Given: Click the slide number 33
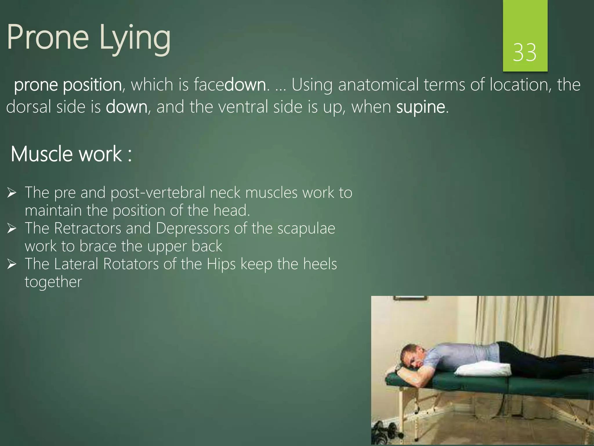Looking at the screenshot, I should coord(524,53).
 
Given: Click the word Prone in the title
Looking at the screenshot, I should coord(48,37).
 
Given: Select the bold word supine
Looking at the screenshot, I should coord(421,107).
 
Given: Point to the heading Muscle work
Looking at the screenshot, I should coord(71,154).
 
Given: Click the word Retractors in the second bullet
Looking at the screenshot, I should coord(88,228).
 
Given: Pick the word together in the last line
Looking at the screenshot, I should coord(53,282).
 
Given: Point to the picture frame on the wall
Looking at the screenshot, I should coord(410,298).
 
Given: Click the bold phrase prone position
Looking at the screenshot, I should coord(68,85).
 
